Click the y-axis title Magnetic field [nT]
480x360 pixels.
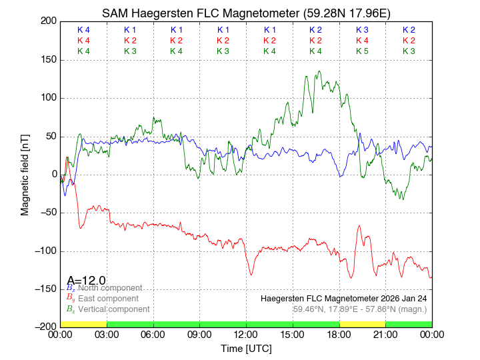click(x=25, y=173)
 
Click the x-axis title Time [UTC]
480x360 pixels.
click(x=246, y=349)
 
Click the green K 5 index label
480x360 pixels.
click(x=362, y=51)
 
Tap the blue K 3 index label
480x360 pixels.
click(x=362, y=30)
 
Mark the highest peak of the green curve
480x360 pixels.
click(x=320, y=71)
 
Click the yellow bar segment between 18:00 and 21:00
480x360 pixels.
click(x=362, y=324)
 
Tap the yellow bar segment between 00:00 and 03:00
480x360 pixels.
click(x=83, y=324)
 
